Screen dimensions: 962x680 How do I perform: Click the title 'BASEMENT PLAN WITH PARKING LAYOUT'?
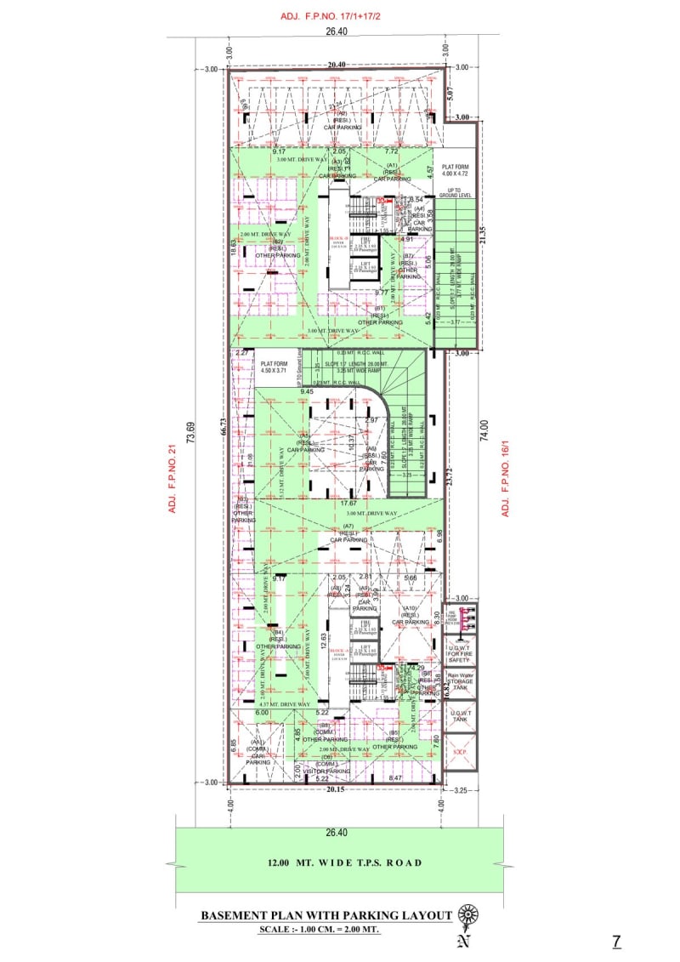[326, 915]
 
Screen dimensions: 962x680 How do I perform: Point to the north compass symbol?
[467, 915]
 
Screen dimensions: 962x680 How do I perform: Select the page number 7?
[616, 941]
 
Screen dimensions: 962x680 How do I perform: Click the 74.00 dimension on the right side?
[484, 430]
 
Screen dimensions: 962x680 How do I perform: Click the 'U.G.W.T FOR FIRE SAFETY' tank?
[460, 653]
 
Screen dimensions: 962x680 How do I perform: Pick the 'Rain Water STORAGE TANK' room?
[460, 682]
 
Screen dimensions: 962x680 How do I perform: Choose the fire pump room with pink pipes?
[460, 618]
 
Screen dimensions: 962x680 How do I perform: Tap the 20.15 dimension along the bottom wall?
[337, 788]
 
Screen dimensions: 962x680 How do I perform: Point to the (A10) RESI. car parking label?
[411, 615]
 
